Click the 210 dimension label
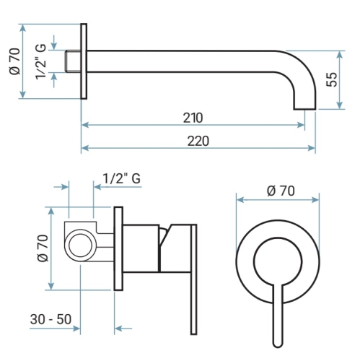pos(193,118)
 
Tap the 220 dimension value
pos(198,141)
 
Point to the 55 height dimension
pos(332,79)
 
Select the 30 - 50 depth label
pos(51,319)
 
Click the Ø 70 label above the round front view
pos(281,191)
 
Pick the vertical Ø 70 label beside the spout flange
pos(14,61)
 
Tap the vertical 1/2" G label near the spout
pos(40,61)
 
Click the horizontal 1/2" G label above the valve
pos(122,179)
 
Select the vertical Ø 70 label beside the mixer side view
pos(43,248)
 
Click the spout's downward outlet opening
pos(304,109)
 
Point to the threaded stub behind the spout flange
pos(73,61)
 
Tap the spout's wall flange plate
pos(84,61)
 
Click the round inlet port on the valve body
pos(80,246)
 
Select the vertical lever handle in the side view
pos(194,279)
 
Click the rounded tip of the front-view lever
pos(278,343)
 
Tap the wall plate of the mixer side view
pos(118,248)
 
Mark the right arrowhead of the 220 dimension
pos(312,148)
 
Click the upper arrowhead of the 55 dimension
pos(339,54)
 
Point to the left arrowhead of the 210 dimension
pos(85,125)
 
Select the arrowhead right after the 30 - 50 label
pos(76,329)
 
